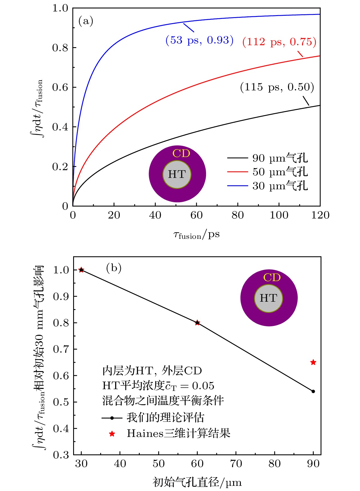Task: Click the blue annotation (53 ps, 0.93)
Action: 199,40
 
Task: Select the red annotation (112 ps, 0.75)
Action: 279,42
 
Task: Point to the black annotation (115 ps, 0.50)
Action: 277,87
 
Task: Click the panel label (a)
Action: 86,21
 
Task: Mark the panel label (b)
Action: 114,268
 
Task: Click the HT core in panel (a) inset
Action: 177,174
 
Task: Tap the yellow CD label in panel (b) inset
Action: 272,277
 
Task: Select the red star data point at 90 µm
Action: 313,362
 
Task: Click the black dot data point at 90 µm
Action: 313,391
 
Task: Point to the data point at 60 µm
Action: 197,323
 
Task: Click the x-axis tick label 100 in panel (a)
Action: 279,215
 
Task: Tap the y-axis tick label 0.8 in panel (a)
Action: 60,48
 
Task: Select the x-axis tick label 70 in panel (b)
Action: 236,464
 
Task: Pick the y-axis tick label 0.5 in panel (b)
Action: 61,402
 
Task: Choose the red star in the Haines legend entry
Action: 112,434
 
